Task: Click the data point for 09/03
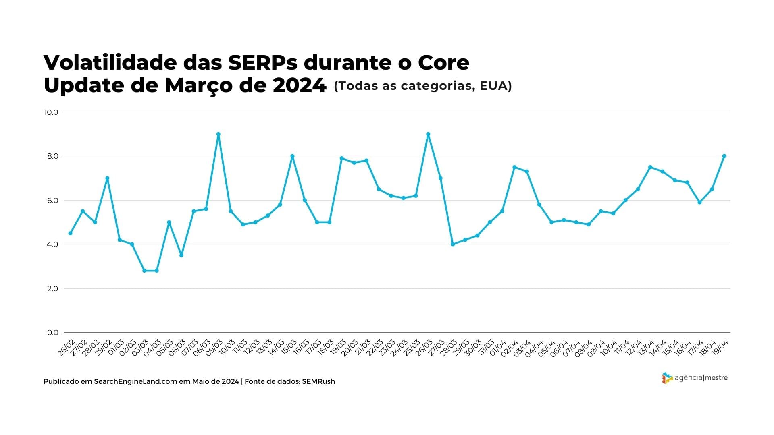[x=218, y=134]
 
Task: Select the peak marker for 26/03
[x=428, y=134]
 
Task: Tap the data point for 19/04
[x=724, y=156]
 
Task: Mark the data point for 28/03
[x=453, y=244]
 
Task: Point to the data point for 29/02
[x=107, y=178]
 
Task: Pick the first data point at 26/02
[x=70, y=233]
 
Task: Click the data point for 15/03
[x=292, y=156]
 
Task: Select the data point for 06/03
[x=181, y=255]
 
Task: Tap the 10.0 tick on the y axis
[x=51, y=112]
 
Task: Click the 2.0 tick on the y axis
[x=52, y=289]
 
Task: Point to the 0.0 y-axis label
[x=52, y=333]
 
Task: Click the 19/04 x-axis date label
[x=720, y=348]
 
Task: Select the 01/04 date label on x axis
[x=498, y=348]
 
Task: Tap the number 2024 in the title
[x=299, y=85]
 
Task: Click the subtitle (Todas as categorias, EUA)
[x=422, y=86]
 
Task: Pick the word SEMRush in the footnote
[x=318, y=381]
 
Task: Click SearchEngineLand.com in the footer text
[x=135, y=381]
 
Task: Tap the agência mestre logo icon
[x=667, y=378]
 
